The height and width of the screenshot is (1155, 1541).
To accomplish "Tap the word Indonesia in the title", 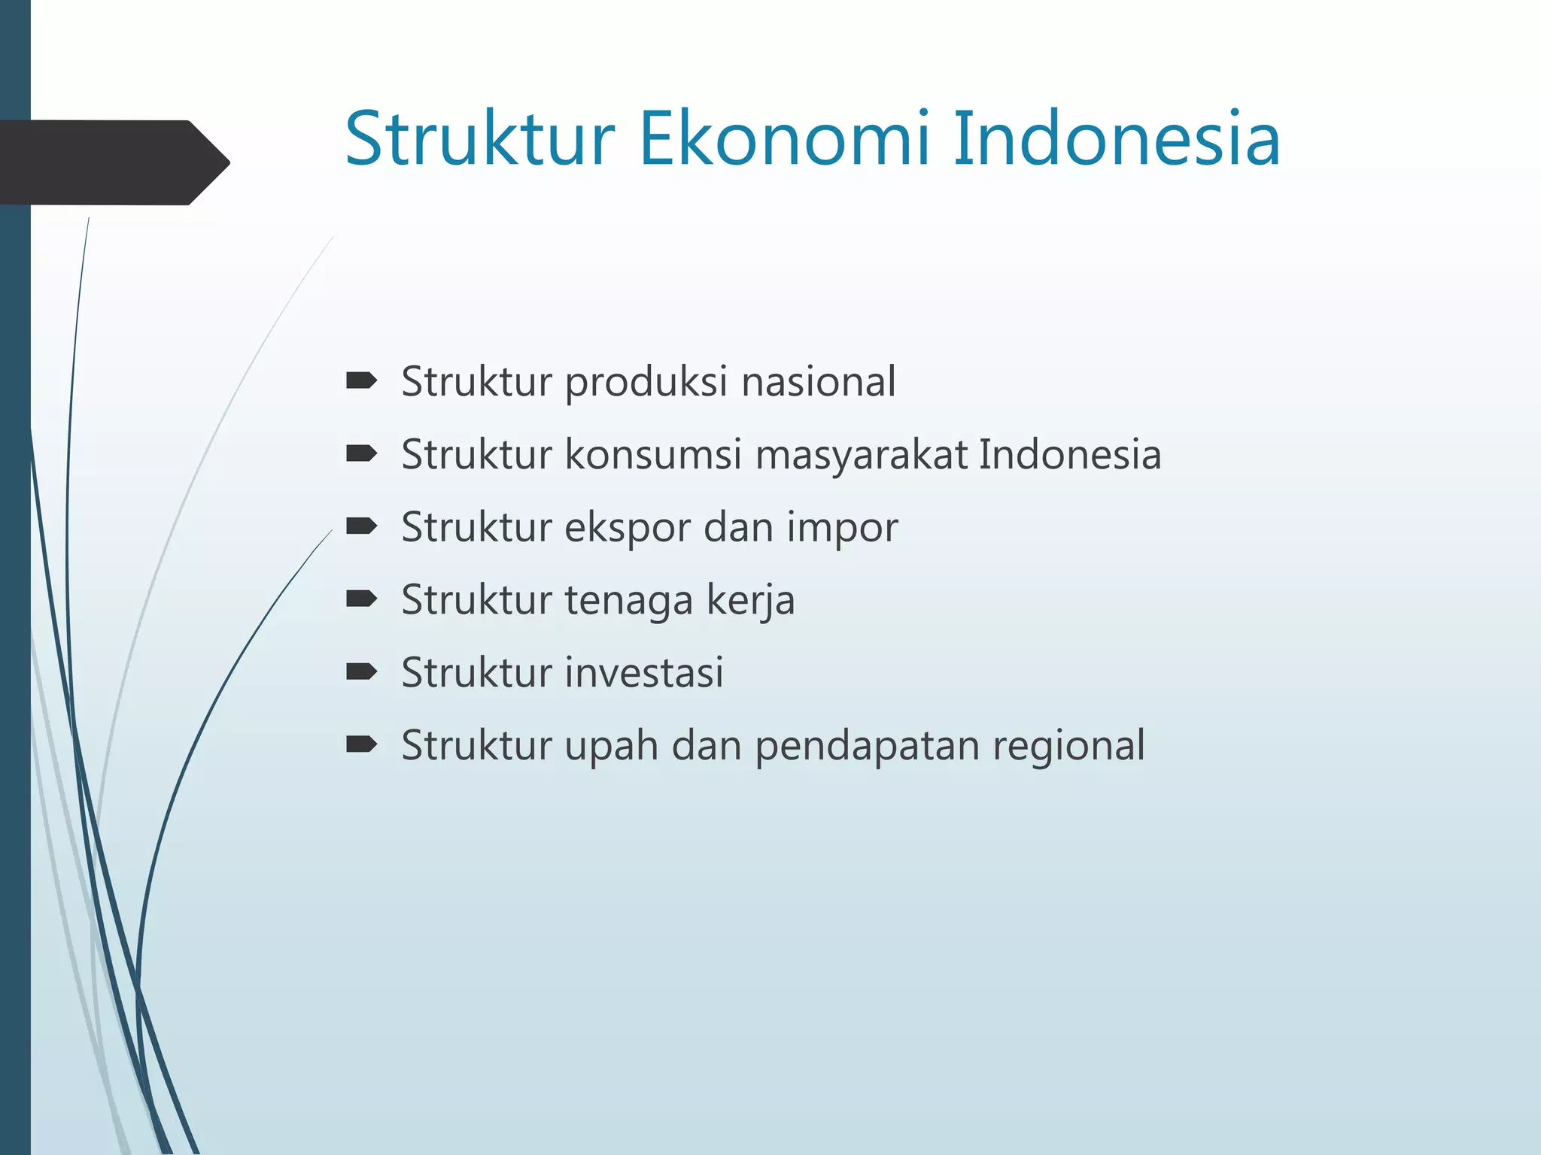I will point(1117,139).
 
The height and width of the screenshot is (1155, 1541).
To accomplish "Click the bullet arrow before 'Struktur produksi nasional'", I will point(361,381).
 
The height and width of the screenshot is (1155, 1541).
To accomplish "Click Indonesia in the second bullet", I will point(1070,455).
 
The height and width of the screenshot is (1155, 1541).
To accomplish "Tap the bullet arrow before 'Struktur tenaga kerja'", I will point(361,599).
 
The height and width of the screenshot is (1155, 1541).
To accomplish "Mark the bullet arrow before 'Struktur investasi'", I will point(361,672).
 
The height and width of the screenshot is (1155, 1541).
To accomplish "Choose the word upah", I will point(612,746).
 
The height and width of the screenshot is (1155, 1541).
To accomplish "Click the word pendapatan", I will point(867,747).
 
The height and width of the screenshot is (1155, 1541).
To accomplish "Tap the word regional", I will point(1068,747).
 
